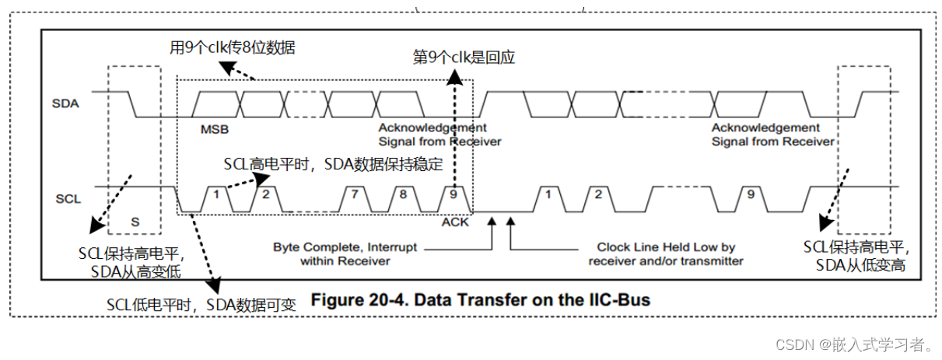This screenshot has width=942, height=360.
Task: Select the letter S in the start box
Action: tap(135, 222)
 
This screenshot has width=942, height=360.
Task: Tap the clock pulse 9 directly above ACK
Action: tap(453, 194)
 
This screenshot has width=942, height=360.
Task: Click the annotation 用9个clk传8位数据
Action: tap(233, 47)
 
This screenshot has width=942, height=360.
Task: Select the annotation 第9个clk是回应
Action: tap(464, 57)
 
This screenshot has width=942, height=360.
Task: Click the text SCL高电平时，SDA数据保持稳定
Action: tap(333, 164)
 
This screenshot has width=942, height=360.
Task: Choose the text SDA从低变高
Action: tap(861, 265)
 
